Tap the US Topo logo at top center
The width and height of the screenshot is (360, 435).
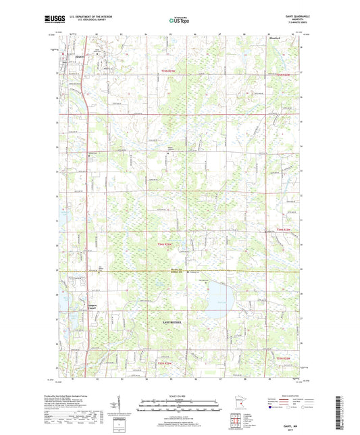point(179,21)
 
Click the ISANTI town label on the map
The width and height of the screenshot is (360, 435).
point(80,55)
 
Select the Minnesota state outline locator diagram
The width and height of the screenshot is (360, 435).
point(253,403)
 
